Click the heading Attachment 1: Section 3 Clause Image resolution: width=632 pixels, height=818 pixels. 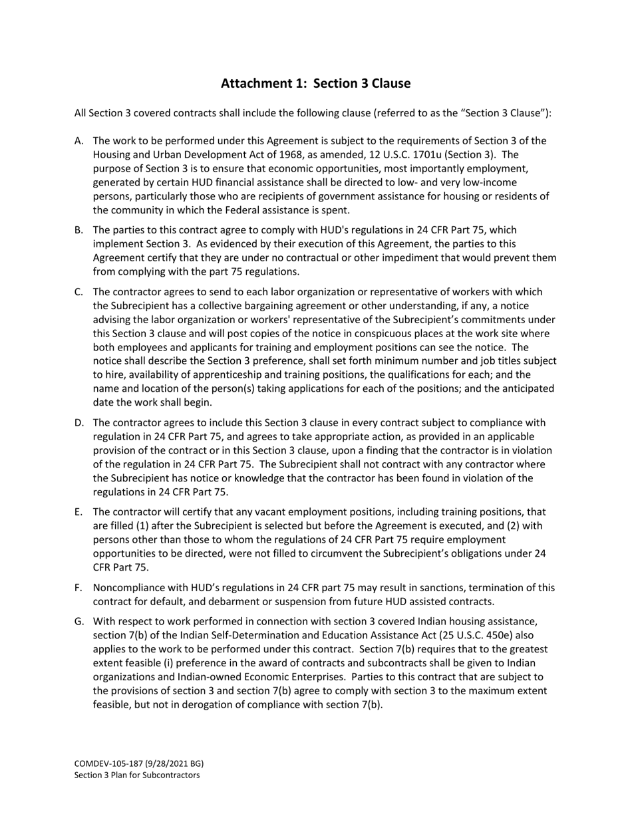point(315,83)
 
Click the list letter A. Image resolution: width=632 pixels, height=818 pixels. point(79,140)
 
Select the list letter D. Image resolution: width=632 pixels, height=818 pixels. point(79,422)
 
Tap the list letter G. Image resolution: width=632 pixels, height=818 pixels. point(79,620)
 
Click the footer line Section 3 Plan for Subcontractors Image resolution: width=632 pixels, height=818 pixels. point(137,775)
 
